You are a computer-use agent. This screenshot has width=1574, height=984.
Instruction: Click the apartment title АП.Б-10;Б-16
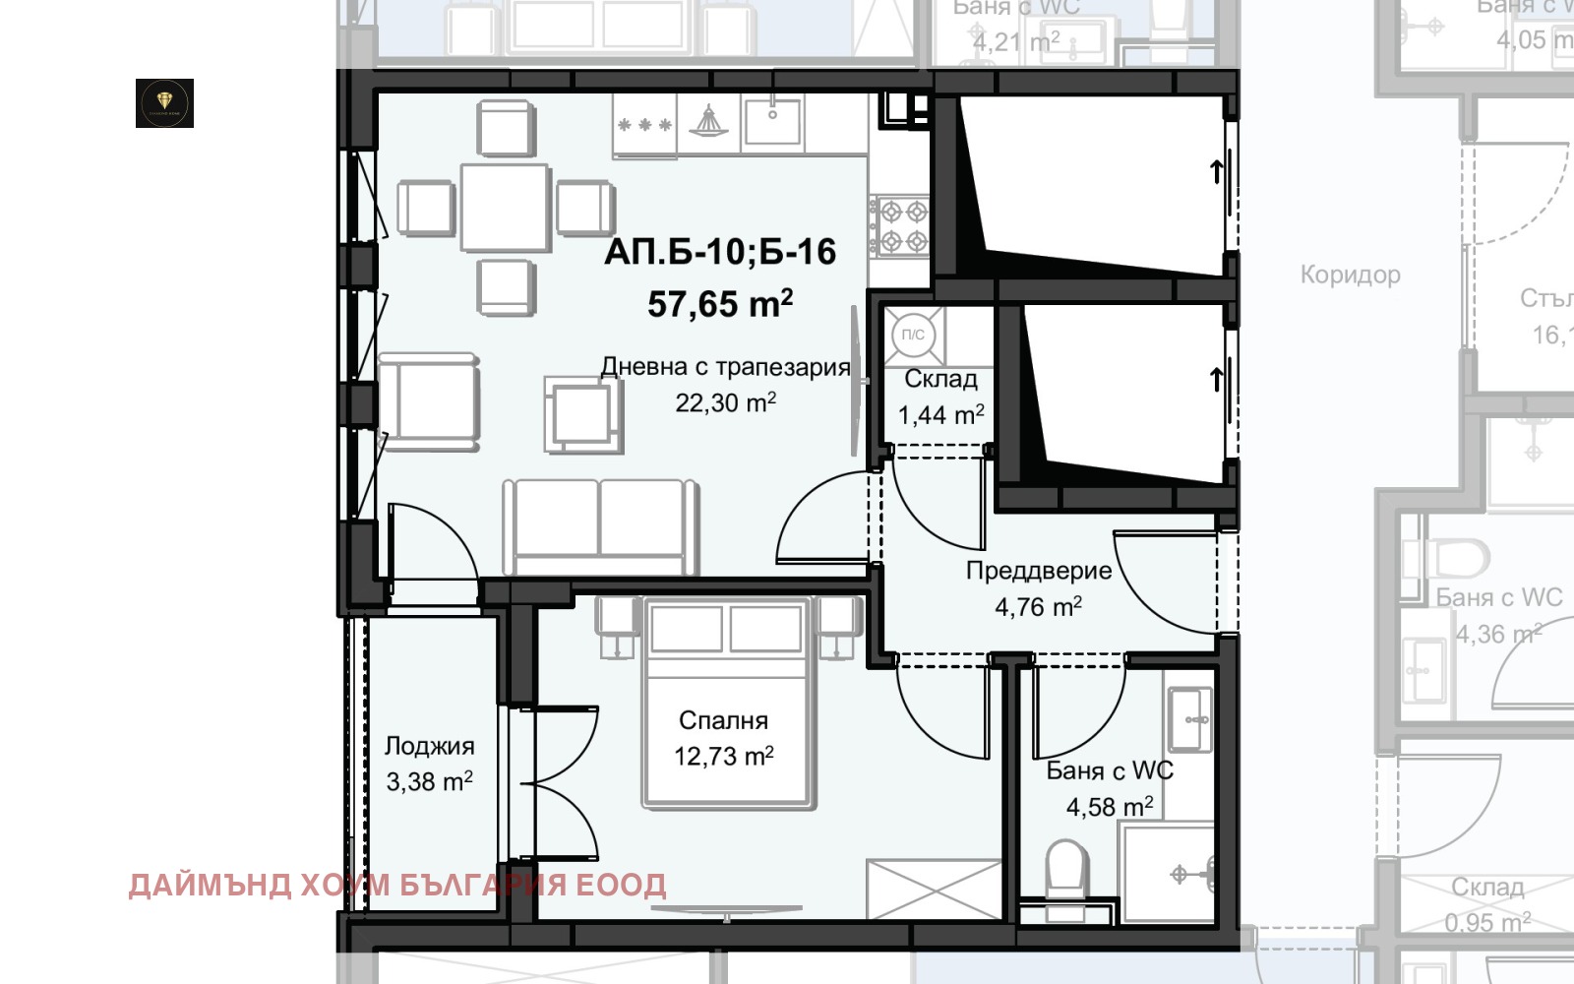[x=720, y=253]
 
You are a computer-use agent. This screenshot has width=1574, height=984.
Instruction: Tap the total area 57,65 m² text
[x=720, y=304]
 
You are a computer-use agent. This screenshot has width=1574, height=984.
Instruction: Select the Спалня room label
[x=723, y=720]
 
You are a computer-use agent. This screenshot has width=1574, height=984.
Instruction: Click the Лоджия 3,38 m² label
[x=429, y=765]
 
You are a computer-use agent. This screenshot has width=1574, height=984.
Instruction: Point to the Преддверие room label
[x=1039, y=572]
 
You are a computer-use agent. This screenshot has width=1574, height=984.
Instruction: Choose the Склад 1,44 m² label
[x=941, y=397]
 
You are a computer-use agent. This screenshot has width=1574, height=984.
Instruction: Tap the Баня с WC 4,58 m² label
[x=1110, y=788]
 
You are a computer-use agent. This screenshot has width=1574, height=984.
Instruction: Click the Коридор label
[x=1350, y=275]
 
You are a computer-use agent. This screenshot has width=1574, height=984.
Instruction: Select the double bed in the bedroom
[x=726, y=704]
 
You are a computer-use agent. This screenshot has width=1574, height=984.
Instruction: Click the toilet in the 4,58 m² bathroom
[x=1065, y=867]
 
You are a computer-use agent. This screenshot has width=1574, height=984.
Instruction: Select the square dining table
[x=505, y=208]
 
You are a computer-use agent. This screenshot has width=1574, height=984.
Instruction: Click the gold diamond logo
[x=164, y=103]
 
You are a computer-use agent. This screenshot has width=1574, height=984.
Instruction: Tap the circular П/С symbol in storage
[x=913, y=336]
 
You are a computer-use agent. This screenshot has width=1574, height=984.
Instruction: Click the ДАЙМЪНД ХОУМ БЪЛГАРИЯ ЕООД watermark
[x=396, y=885]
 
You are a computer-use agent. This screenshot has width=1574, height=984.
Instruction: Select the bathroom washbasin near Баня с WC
[x=1190, y=718]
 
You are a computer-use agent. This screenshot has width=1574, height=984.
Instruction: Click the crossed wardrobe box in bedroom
[x=934, y=889]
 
